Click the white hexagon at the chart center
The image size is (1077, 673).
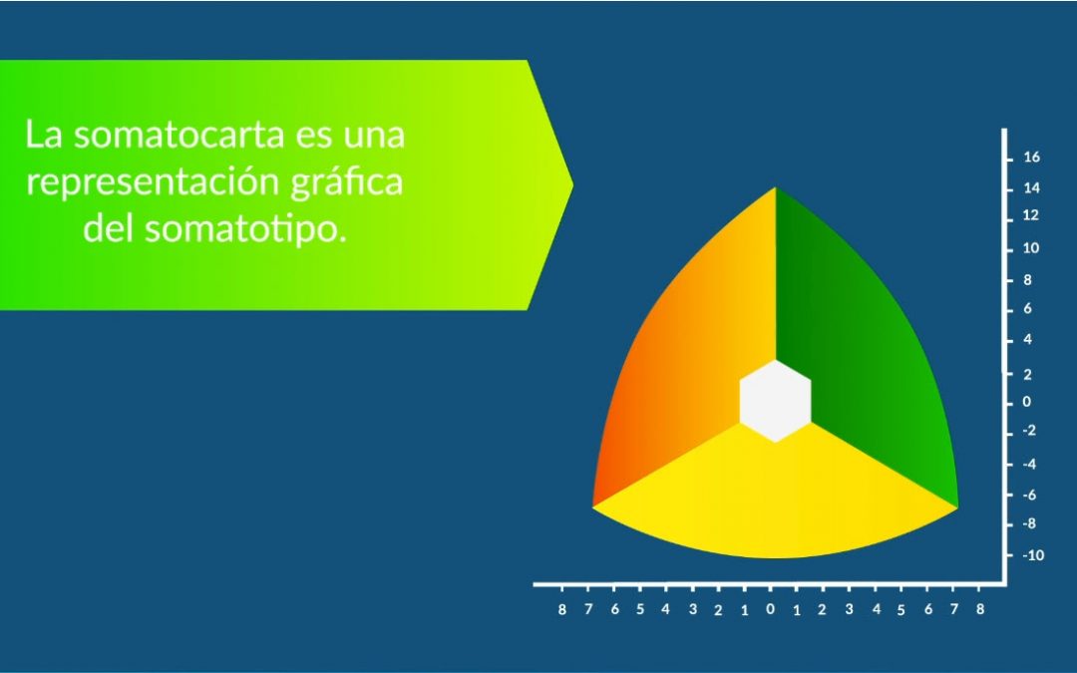(x=775, y=400)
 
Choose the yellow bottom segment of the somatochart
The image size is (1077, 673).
(x=775, y=499)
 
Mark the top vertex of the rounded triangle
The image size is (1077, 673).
(x=775, y=188)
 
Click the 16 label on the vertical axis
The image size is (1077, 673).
(x=1031, y=158)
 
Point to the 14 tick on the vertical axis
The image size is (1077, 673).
(x=1031, y=187)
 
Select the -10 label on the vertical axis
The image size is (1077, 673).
(x=1033, y=554)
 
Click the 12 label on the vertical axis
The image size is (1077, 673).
(x=1031, y=215)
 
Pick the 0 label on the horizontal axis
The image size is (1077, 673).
(x=770, y=608)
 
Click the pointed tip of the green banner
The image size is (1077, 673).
(x=572, y=184)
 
